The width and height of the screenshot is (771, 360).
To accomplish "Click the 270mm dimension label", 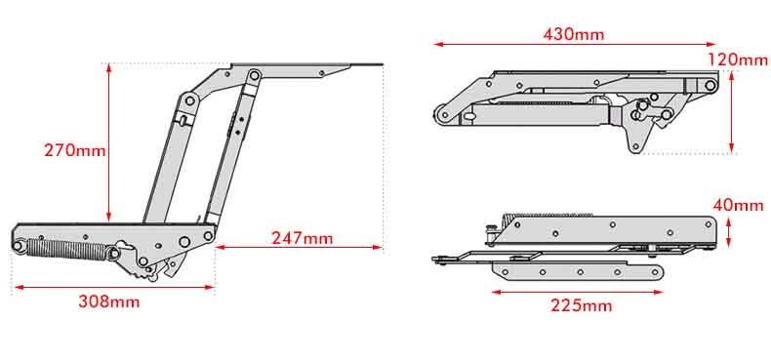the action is click(x=75, y=149).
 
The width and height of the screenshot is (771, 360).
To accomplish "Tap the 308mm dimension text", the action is click(x=108, y=301).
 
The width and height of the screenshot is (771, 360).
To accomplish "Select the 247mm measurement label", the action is click(x=302, y=238).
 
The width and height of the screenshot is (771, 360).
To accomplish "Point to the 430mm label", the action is click(x=573, y=34).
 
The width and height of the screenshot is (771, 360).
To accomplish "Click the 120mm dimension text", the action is click(x=738, y=60).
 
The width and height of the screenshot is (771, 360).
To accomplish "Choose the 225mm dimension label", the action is click(x=582, y=305).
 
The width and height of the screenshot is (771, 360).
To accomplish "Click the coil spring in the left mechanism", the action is click(x=67, y=250).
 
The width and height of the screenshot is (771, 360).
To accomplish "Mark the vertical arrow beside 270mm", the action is click(x=108, y=141).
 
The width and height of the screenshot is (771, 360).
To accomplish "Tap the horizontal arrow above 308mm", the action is click(x=114, y=287).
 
